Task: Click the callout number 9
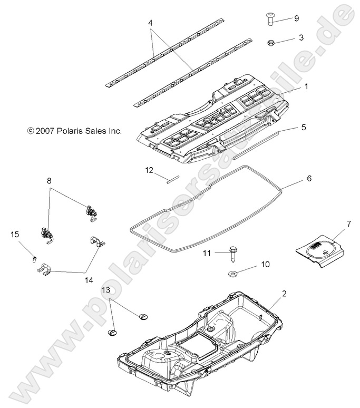(x=296, y=18)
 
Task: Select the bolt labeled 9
(x=270, y=19)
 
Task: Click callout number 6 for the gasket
(x=309, y=179)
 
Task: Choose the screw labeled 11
(x=232, y=255)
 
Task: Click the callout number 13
(x=106, y=289)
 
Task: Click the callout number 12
(x=150, y=170)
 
